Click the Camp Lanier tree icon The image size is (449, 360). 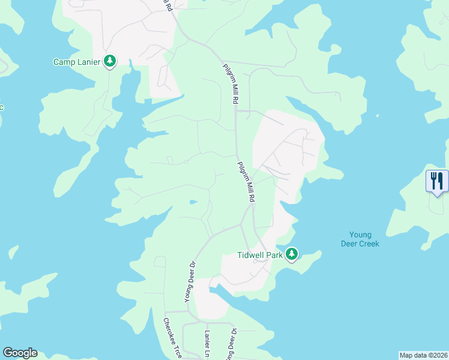pyautogui.click(x=109, y=61)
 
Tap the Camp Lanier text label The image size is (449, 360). pyautogui.click(x=76, y=61)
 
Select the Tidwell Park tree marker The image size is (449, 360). pyautogui.click(x=292, y=254)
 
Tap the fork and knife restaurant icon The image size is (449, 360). pyautogui.click(x=437, y=180)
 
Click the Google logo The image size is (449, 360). pyautogui.click(x=20, y=353)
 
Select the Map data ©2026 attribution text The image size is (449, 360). pyautogui.click(x=423, y=355)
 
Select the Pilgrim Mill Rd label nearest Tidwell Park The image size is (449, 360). pyautogui.click(x=247, y=182)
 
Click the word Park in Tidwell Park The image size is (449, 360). pyautogui.click(x=273, y=254)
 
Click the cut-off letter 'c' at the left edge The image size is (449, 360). pyautogui.click(x=2, y=107)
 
